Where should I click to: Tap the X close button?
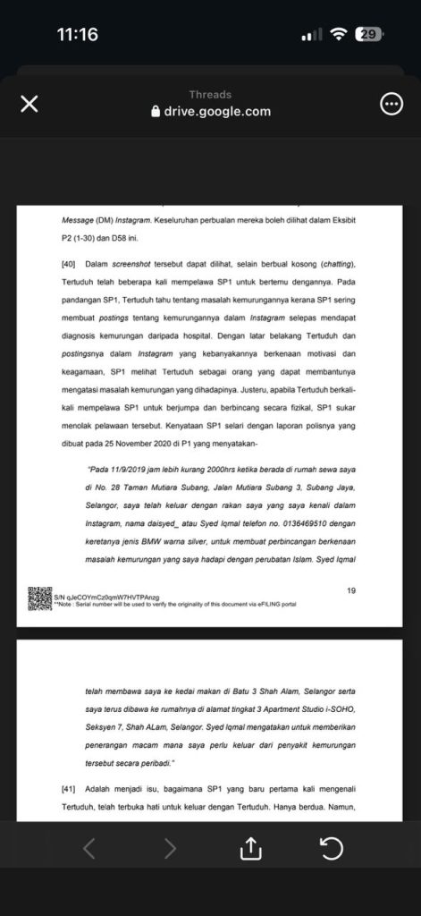pyautogui.click(x=29, y=105)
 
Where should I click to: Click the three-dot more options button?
pyautogui.click(x=392, y=105)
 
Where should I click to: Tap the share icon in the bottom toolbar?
pyautogui.click(x=251, y=848)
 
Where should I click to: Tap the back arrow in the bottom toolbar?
pyautogui.click(x=89, y=848)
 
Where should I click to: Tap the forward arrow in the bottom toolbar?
pyautogui.click(x=170, y=848)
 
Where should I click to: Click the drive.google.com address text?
pyautogui.click(x=218, y=112)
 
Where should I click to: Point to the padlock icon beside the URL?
pyautogui.click(x=157, y=112)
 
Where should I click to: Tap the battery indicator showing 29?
pyautogui.click(x=368, y=35)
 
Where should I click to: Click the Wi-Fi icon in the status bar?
pyautogui.click(x=338, y=35)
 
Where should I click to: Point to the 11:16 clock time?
pyautogui.click(x=77, y=35)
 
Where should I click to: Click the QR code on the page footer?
pyautogui.click(x=39, y=598)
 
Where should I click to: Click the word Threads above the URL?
pyautogui.click(x=210, y=95)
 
